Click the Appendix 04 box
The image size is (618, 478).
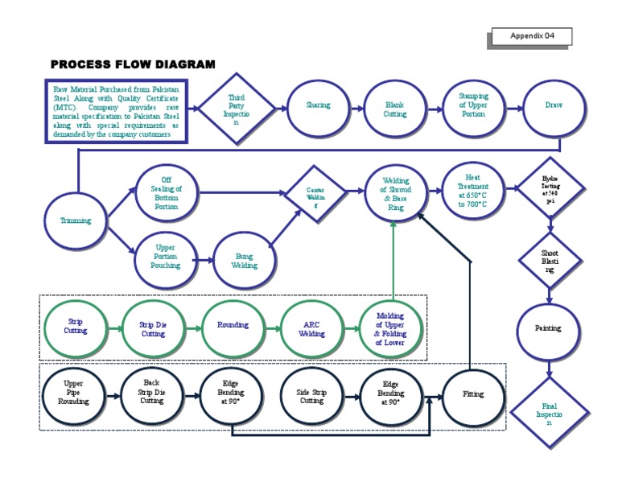pos(532,36)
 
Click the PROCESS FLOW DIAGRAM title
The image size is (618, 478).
pos(133,64)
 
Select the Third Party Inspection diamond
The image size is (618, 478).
pos(236,109)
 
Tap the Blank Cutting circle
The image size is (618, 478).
pos(395,109)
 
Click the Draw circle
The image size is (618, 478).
pos(554,106)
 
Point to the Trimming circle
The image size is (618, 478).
pos(76,220)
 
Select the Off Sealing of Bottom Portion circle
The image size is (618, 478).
pos(166,194)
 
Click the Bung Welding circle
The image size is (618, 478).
pos(244,260)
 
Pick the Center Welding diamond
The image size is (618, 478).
pos(314,194)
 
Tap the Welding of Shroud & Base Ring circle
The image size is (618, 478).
pos(395,194)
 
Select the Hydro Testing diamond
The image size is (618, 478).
pos(550,188)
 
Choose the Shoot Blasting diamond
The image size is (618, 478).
pos(550,260)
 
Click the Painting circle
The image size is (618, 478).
pos(548,328)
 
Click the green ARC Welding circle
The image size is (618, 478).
pos(312,329)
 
